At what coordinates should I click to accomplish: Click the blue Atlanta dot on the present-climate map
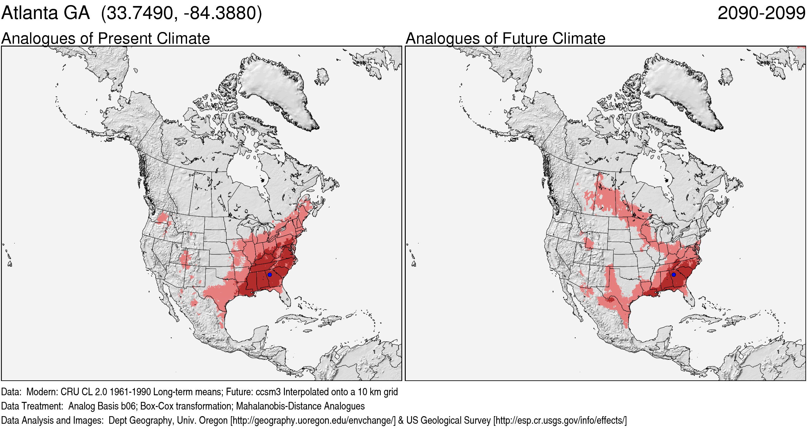click(270, 274)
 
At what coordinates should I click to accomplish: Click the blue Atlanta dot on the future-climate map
click(674, 274)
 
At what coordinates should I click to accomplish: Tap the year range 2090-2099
click(761, 13)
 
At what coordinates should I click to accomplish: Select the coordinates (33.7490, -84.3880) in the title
click(181, 13)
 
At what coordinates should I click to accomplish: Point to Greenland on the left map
click(275, 89)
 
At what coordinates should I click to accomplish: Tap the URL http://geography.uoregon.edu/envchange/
click(313, 421)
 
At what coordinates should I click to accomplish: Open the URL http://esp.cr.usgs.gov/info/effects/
click(560, 421)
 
